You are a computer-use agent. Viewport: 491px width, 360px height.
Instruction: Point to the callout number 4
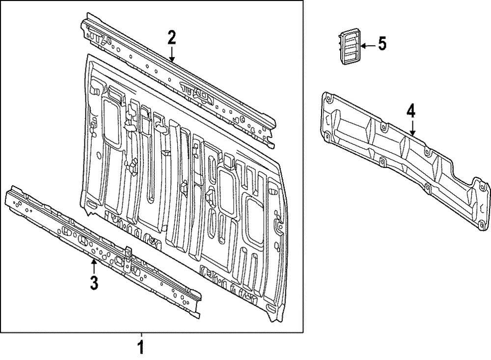tap(411, 111)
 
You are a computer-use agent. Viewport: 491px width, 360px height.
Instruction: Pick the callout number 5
tap(382, 44)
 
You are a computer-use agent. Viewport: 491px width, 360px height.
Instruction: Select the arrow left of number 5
tap(367, 46)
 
